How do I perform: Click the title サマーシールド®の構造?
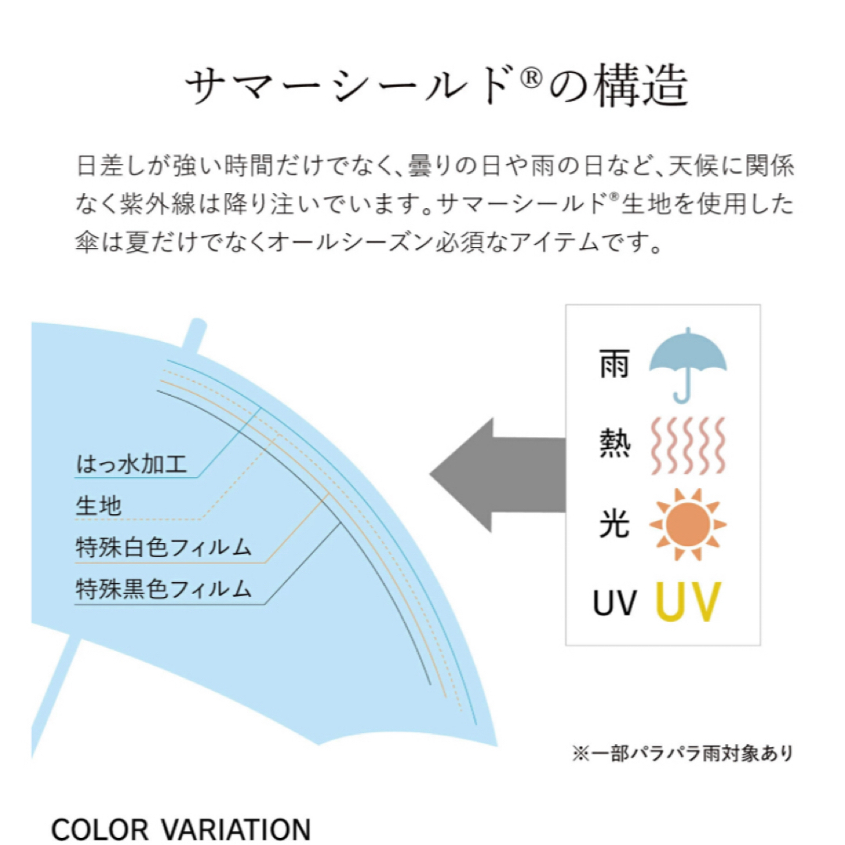(x=437, y=85)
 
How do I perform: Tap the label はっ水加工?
(x=131, y=464)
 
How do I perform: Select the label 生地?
(x=99, y=505)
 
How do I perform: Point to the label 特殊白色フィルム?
(x=164, y=547)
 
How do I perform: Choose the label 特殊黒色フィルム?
(x=164, y=588)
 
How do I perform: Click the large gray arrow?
(x=498, y=475)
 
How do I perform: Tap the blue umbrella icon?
(x=688, y=365)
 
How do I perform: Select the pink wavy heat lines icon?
(x=688, y=446)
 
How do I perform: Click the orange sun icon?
(x=688, y=524)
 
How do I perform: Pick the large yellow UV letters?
(x=689, y=602)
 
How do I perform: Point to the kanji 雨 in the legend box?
(x=614, y=364)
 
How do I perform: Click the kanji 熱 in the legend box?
(x=615, y=444)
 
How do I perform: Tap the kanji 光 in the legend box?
(x=614, y=523)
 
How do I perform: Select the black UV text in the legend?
(x=614, y=602)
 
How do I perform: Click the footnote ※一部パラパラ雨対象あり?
(x=683, y=753)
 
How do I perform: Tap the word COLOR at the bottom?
(x=99, y=829)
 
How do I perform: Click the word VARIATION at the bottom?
(x=236, y=829)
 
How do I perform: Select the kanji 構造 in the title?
(x=642, y=85)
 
